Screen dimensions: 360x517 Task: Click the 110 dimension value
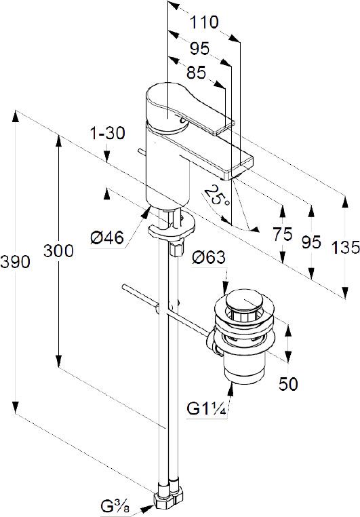coord(204,22)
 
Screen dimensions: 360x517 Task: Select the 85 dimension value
coord(196,73)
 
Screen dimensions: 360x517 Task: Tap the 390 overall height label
coord(15,262)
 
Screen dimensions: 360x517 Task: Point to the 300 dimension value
coord(58,251)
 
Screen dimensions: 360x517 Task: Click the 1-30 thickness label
coord(108,133)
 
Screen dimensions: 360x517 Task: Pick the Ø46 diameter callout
coord(107,237)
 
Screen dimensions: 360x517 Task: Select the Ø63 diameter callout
coord(209,257)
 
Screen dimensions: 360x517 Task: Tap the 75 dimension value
coord(283,235)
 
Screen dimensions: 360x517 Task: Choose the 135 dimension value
coord(346,247)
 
